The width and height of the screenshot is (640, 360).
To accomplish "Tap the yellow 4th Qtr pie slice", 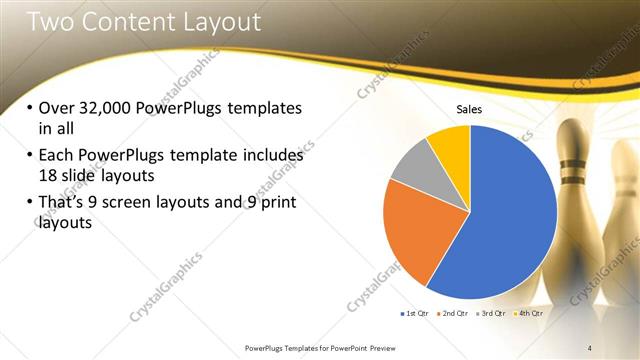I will [x=450, y=146].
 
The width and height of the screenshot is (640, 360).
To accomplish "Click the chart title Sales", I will [x=469, y=109].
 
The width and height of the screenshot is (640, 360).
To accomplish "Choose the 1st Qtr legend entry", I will [x=417, y=314].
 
